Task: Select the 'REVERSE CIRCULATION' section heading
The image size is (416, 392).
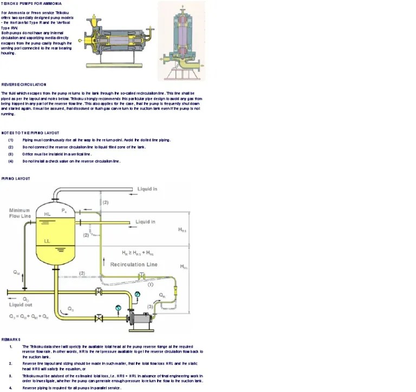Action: point(24,85)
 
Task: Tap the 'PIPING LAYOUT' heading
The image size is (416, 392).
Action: point(16,178)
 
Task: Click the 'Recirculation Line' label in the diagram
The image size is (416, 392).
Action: point(134,265)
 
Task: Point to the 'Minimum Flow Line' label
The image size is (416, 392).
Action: point(19,213)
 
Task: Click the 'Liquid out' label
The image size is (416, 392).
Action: point(21,305)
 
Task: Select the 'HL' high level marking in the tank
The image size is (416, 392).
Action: point(47,214)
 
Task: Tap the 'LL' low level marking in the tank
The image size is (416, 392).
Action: point(47,241)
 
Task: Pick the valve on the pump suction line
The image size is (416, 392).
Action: point(99,317)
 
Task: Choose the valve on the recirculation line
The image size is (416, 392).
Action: point(142,277)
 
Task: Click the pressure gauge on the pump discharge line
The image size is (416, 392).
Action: point(137,294)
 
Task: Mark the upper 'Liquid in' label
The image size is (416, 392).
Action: point(147,189)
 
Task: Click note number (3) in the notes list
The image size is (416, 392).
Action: point(11,154)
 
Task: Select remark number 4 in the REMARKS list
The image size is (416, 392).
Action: point(11,388)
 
